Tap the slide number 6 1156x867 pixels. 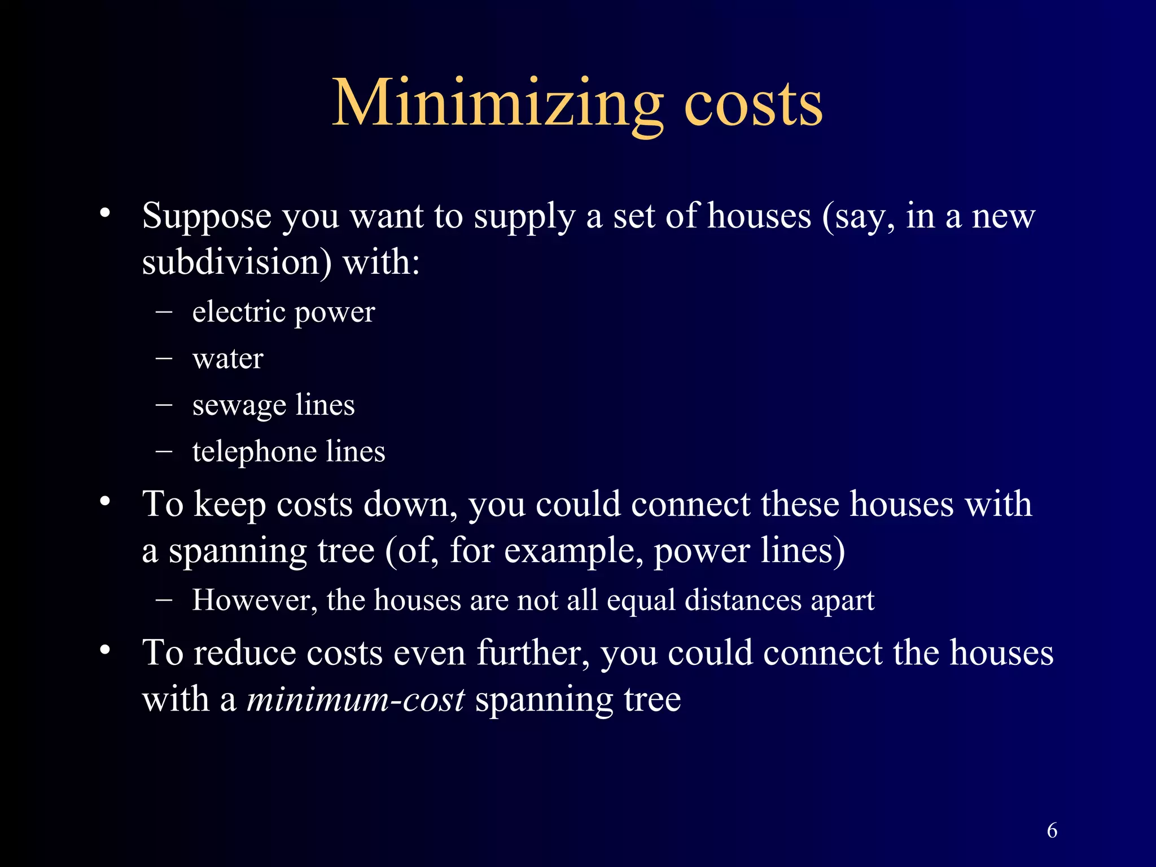coord(1052,830)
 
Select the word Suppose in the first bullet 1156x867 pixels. coord(207,217)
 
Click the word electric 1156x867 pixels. coord(238,312)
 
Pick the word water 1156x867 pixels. coord(227,359)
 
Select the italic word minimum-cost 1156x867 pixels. coord(356,700)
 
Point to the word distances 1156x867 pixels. coord(743,600)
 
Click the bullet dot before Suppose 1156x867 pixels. coord(104,213)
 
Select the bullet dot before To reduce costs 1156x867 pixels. coord(104,650)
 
